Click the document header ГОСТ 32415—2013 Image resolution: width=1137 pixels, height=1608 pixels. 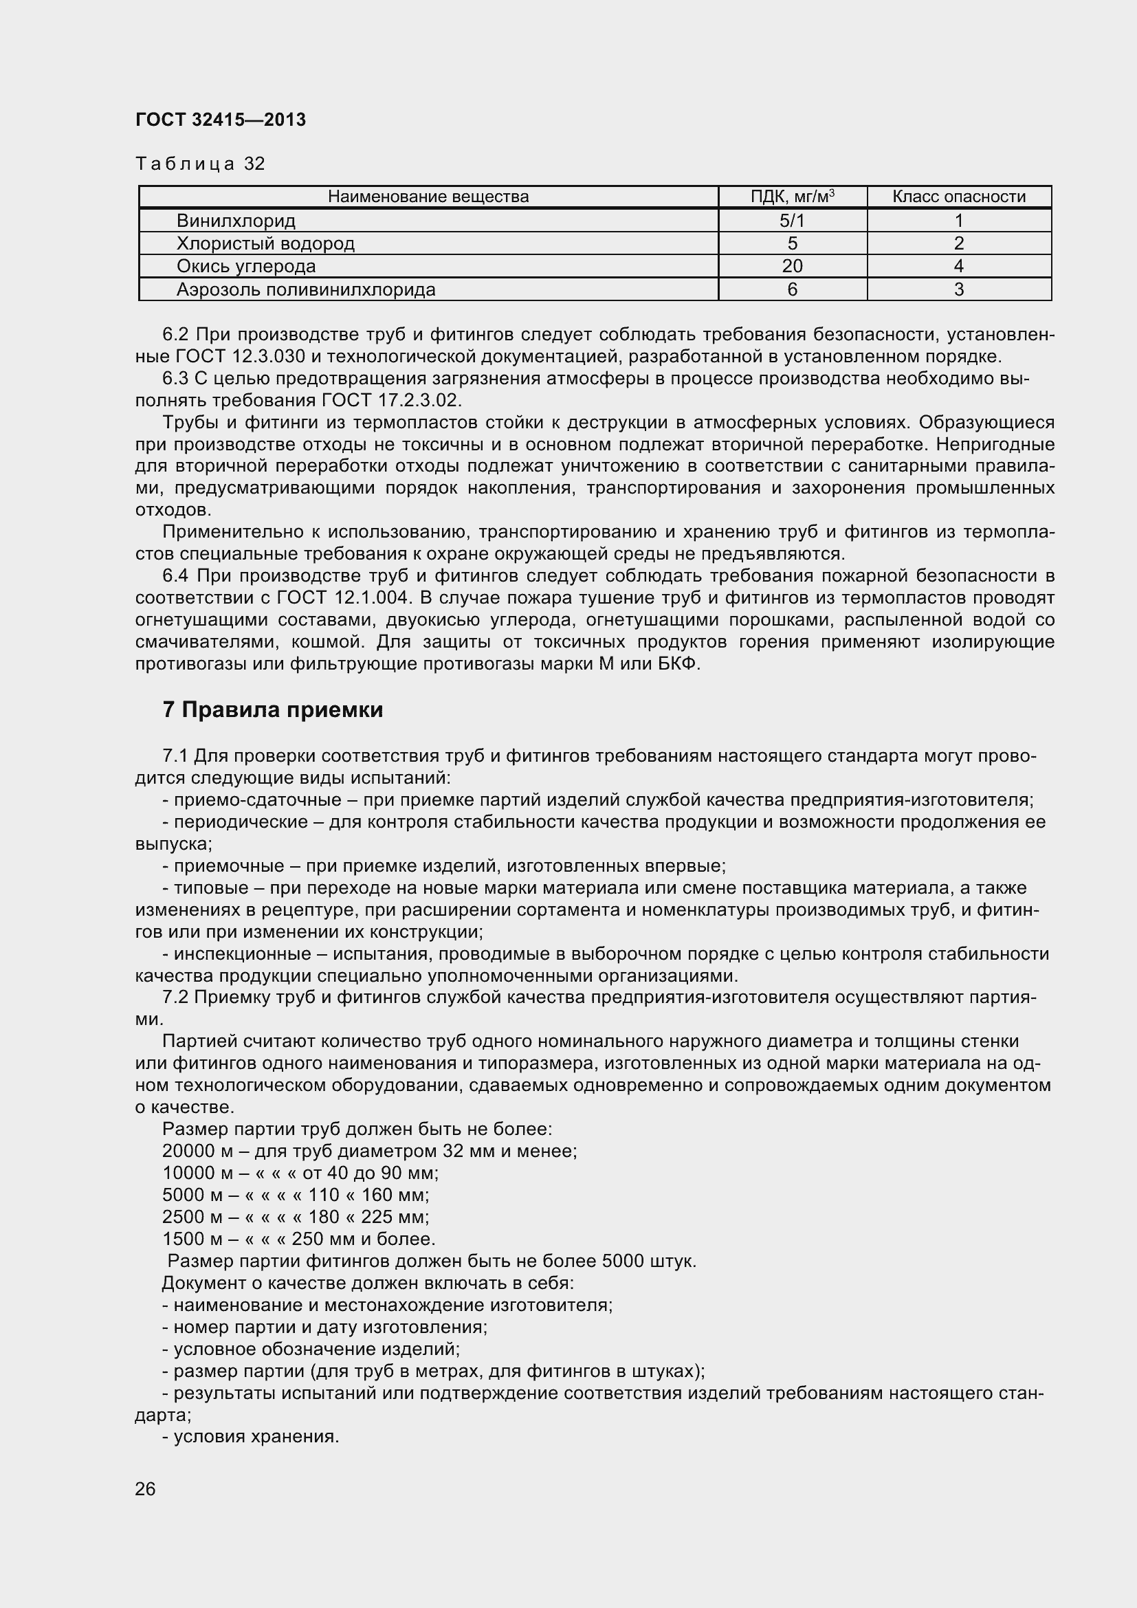pos(221,120)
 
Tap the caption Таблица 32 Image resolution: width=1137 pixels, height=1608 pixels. pos(199,164)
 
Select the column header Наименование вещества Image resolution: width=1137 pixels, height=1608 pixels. pos(428,197)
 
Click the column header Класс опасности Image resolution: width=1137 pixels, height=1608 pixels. pos(958,197)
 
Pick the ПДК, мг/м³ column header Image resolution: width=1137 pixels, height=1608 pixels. pos(792,197)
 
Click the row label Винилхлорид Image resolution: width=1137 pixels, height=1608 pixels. pos(236,221)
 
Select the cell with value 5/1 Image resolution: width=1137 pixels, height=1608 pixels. pos(792,221)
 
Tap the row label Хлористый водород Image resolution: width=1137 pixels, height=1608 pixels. pos(265,244)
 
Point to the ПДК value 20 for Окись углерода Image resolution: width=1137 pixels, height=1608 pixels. pos(792,266)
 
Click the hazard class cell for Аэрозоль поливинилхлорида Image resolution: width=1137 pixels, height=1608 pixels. pos(958,289)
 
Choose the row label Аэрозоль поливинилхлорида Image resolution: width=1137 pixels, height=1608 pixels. pos(306,289)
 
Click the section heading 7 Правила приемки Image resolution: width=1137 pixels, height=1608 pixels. pos(272,710)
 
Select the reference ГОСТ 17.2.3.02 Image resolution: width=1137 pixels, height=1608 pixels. pos(391,401)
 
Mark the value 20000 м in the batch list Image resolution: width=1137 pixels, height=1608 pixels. pos(192,1152)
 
